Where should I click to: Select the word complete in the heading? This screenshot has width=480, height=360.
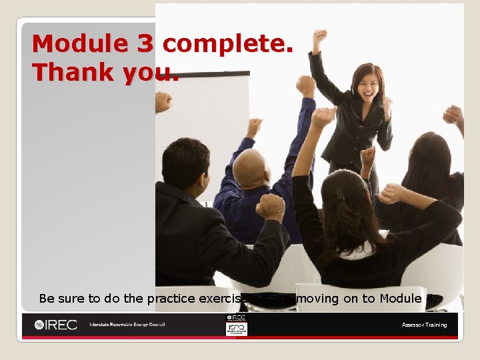pos(227,44)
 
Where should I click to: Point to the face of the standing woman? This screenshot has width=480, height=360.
pos(368,84)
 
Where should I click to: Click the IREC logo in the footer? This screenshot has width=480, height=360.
pos(57,325)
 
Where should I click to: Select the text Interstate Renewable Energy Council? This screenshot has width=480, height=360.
pos(127,325)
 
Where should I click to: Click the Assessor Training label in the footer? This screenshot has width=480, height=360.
pos(424,325)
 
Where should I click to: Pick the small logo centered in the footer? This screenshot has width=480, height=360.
pos(236,325)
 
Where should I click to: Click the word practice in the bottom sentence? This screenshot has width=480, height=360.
pos(170,299)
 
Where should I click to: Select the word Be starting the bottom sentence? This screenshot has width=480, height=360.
pos(47,299)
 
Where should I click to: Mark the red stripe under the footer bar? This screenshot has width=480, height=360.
pos(240,338)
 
